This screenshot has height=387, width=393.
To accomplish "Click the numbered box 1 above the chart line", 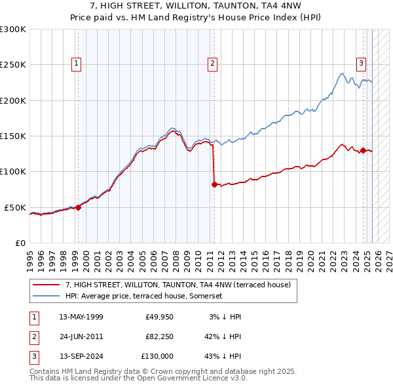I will (77, 64).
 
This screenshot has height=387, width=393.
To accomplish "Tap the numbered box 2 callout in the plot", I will (213, 64).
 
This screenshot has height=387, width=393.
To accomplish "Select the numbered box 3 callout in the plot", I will (361, 64).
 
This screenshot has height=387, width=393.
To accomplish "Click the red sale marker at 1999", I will (78, 207).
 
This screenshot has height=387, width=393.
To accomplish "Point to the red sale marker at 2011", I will (214, 184).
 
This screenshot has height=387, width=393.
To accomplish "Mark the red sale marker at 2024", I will (363, 150).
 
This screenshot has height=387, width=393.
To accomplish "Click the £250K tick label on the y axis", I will (13, 65).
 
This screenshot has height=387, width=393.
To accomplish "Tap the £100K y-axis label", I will (13, 172).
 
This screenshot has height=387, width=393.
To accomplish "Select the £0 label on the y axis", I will (20, 243).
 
